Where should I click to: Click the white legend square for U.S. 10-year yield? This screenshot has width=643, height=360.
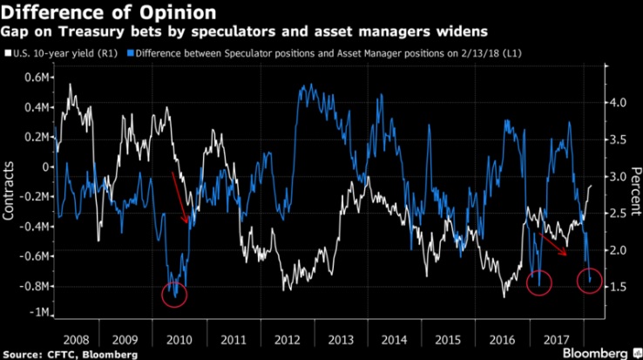coord(8,54)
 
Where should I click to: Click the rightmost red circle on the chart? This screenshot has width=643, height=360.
coord(589,282)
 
